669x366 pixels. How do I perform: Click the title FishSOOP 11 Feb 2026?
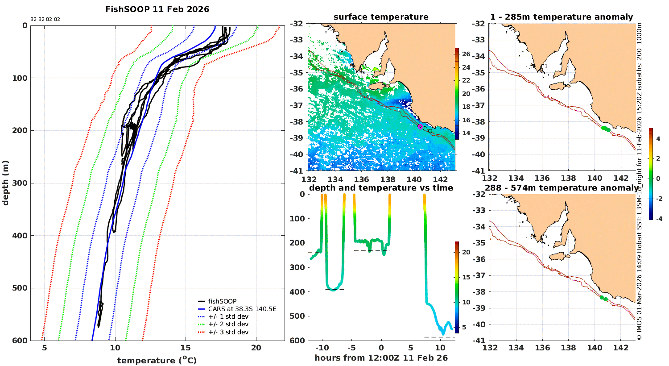[157, 9]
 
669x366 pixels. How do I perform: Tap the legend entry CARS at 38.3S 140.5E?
[242, 309]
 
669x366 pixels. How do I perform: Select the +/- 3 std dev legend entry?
[228, 332]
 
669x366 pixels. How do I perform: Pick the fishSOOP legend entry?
[222, 301]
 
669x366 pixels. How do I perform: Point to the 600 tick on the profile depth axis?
[20, 341]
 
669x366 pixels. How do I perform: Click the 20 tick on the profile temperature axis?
[256, 349]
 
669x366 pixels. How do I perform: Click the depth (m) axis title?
[5, 183]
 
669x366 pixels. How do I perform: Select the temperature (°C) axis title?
[157, 360]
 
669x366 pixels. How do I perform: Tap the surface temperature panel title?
[381, 17]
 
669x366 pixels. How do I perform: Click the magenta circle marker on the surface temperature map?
[420, 127]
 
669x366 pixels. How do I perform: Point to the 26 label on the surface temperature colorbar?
[466, 54]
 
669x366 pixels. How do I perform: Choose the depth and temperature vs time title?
[381, 188]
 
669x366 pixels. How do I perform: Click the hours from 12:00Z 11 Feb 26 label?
[381, 358]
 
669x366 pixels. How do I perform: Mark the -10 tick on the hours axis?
[322, 348]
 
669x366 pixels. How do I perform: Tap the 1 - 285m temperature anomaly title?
[561, 17]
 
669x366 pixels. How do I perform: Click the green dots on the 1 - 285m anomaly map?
[605, 129]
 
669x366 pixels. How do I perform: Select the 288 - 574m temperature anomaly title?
[561, 188]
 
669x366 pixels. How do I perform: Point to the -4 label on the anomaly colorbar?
[657, 218]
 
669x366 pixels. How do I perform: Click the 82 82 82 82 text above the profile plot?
[45, 20]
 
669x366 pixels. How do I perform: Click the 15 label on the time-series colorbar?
[466, 277]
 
